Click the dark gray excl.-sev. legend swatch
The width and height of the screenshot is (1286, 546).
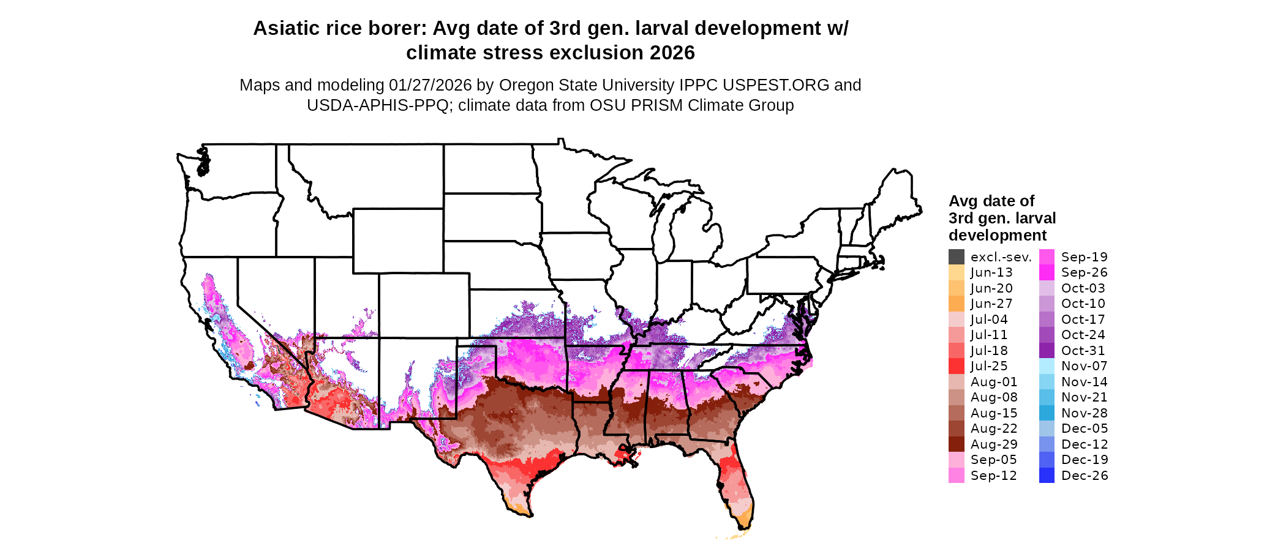pos(957,257)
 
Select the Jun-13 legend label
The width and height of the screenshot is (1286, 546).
pos(991,272)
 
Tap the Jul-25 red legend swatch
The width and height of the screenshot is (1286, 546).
pos(957,366)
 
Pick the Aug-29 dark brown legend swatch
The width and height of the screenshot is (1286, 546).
pos(957,444)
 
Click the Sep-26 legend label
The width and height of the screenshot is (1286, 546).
pos(1084,272)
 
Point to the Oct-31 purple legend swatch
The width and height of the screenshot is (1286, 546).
pos(1047,351)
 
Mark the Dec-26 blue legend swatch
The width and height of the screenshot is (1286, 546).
pos(1047,476)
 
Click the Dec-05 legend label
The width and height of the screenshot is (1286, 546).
pos(1084,428)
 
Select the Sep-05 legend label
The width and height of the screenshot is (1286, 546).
pos(993,460)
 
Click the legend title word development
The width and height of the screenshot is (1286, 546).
pos(998,236)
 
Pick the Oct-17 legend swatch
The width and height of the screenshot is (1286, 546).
pos(1047,320)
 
